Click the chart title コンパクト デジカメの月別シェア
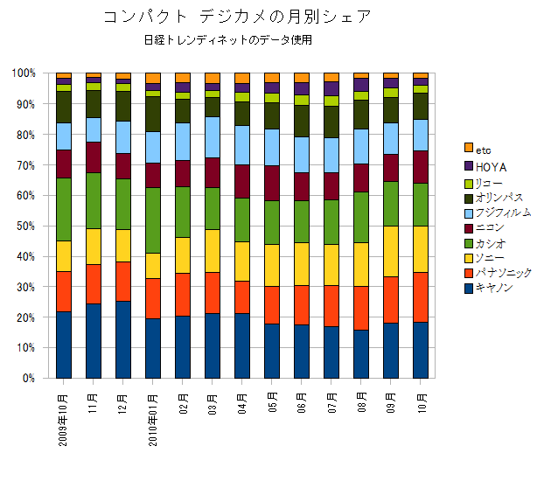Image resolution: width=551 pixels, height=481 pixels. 236,17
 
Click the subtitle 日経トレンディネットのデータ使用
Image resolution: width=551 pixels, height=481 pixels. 229,40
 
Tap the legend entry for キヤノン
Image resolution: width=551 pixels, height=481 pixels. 499,288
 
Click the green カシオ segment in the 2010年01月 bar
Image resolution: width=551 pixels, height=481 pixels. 153,220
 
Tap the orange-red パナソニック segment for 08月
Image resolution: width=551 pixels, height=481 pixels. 361,308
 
